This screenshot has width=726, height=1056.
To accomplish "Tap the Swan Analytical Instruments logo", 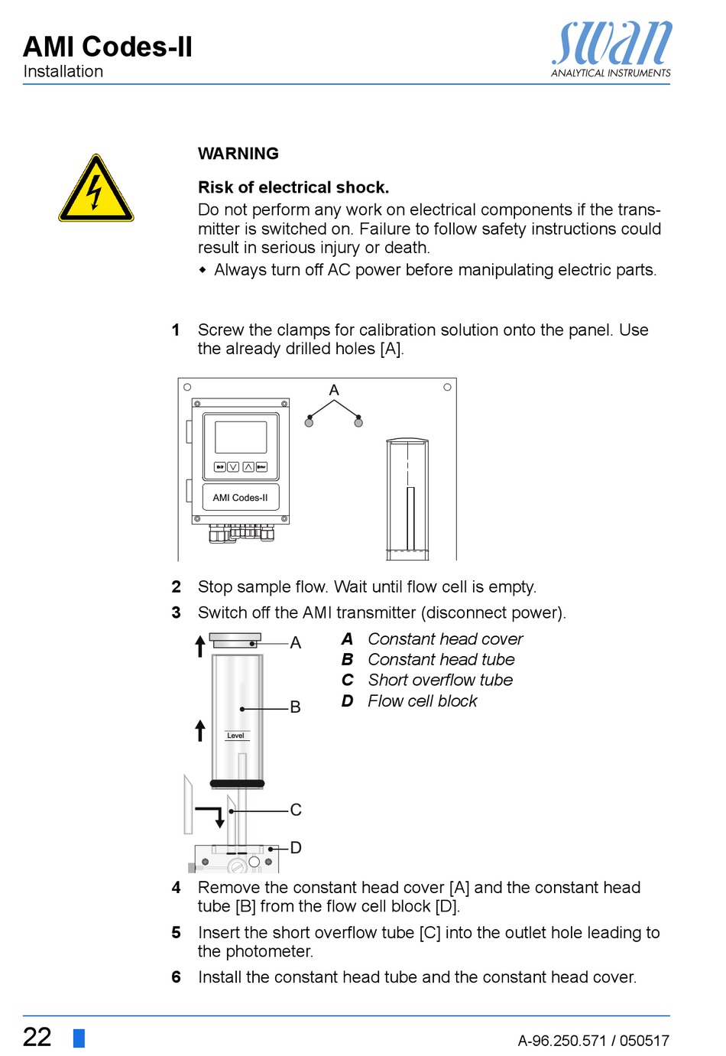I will (611, 48).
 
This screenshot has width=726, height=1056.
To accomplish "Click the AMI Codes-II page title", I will (108, 47).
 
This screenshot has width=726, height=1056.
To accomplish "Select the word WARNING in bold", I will (238, 154).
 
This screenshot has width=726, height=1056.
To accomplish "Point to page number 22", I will (37, 1037).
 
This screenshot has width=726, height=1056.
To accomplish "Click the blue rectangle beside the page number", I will (79, 1038).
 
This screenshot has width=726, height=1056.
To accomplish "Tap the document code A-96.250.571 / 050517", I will (593, 1040).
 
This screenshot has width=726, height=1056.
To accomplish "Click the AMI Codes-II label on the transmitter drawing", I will (240, 498).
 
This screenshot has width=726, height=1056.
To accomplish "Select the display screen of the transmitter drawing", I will (241, 437).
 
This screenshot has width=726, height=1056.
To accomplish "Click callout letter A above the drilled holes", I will (334, 390).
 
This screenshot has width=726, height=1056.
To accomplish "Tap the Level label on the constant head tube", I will (235, 736).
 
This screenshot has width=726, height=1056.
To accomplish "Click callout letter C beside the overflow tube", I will (296, 810).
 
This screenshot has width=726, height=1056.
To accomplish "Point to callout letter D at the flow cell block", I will (296, 847).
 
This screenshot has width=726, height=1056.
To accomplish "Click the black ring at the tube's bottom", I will (237, 783).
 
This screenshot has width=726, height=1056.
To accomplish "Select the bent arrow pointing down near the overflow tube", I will (212, 814).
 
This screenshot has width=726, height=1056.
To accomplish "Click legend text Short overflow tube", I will (440, 680).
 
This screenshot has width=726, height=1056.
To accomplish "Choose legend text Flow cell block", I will (422, 701).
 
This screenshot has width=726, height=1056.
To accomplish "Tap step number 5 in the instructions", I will (177, 933).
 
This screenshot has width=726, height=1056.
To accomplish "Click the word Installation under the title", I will (63, 71).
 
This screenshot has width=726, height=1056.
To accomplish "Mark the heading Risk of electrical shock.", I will (293, 187).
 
